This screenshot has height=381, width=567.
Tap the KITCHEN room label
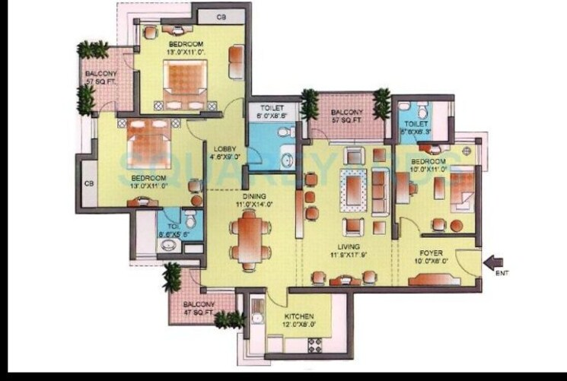click(x=299, y=316)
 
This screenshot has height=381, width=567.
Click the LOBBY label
click(x=225, y=149)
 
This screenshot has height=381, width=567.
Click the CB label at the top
click(x=220, y=17)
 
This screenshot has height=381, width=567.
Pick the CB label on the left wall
click(x=88, y=183)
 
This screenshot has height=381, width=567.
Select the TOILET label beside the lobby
click(x=272, y=109)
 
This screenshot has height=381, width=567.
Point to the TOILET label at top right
click(x=416, y=124)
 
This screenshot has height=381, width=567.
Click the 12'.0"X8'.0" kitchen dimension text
click(x=299, y=325)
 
